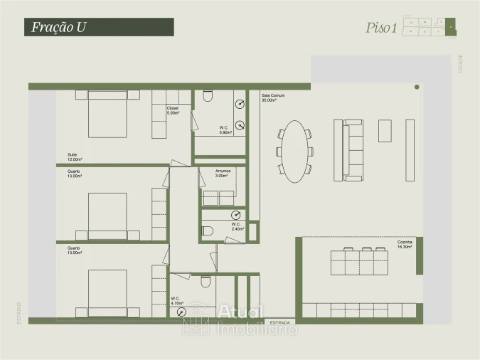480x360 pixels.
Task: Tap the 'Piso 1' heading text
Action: click(380, 28)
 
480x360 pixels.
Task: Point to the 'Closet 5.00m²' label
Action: click(173, 110)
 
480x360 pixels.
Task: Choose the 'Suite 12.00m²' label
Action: click(74, 157)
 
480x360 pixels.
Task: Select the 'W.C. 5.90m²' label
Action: click(225, 130)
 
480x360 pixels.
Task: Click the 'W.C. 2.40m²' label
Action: click(238, 227)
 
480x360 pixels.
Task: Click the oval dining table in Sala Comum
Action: click(294, 150)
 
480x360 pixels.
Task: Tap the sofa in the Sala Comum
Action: click(353, 150)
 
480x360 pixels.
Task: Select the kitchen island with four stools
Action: click(359, 263)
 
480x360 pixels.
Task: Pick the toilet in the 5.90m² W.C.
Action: click(208, 95)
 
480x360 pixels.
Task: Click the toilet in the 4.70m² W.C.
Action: click(206, 282)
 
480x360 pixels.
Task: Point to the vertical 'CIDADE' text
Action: click(461, 63)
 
